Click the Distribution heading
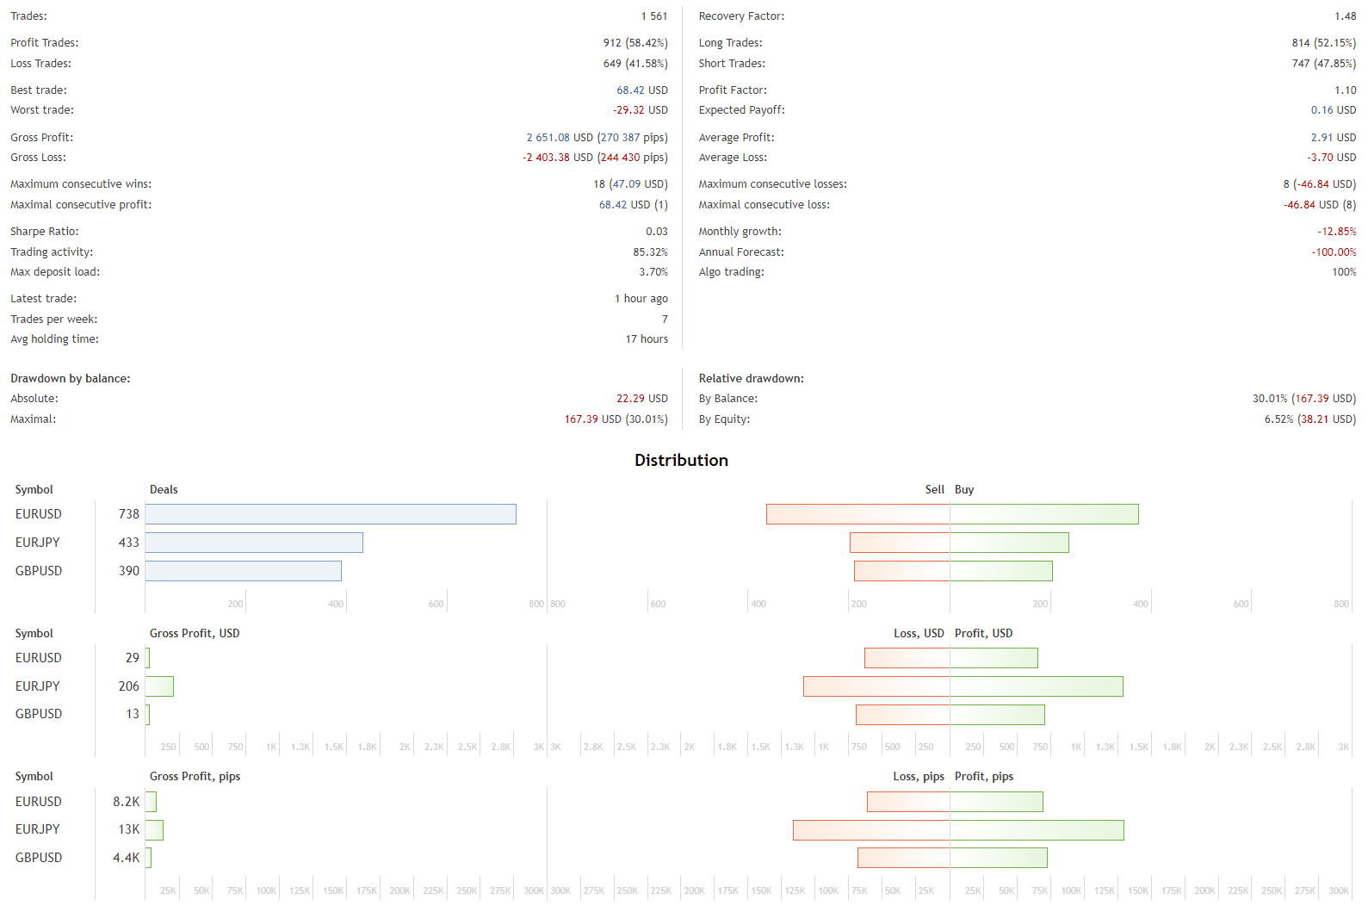tap(681, 460)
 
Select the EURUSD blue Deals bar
tap(331, 514)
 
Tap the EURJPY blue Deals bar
tap(254, 543)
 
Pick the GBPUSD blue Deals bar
tap(244, 571)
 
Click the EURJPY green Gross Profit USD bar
tap(160, 686)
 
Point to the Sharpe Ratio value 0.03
tap(656, 232)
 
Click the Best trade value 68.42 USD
tap(641, 90)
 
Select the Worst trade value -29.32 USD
tap(640, 110)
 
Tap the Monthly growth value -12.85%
tap(1336, 232)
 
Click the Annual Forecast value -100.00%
tap(1334, 252)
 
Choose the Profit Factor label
tap(733, 90)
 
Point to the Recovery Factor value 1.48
tap(1345, 16)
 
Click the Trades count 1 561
tap(653, 16)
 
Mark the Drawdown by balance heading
tap(71, 379)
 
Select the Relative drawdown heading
tap(751, 379)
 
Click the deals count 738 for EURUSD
tap(128, 514)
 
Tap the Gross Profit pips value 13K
tap(128, 829)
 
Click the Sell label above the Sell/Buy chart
tap(934, 490)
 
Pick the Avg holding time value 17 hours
tap(647, 339)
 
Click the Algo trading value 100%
tap(1343, 272)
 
